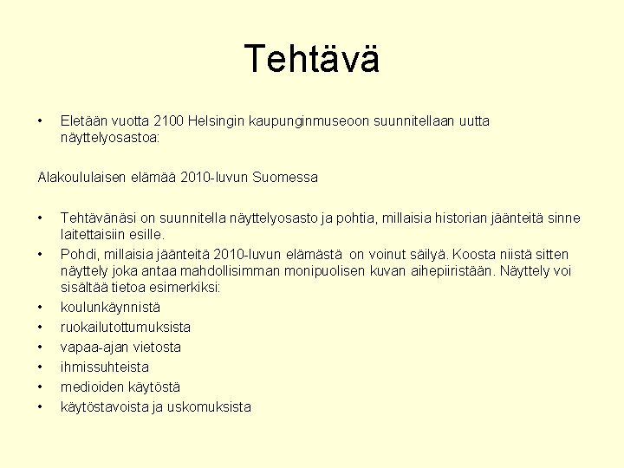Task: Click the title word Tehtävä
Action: tap(312, 59)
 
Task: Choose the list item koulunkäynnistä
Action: tap(110, 307)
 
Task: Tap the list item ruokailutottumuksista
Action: tap(126, 327)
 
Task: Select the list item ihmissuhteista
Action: tap(104, 367)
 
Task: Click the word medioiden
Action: tap(89, 387)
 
